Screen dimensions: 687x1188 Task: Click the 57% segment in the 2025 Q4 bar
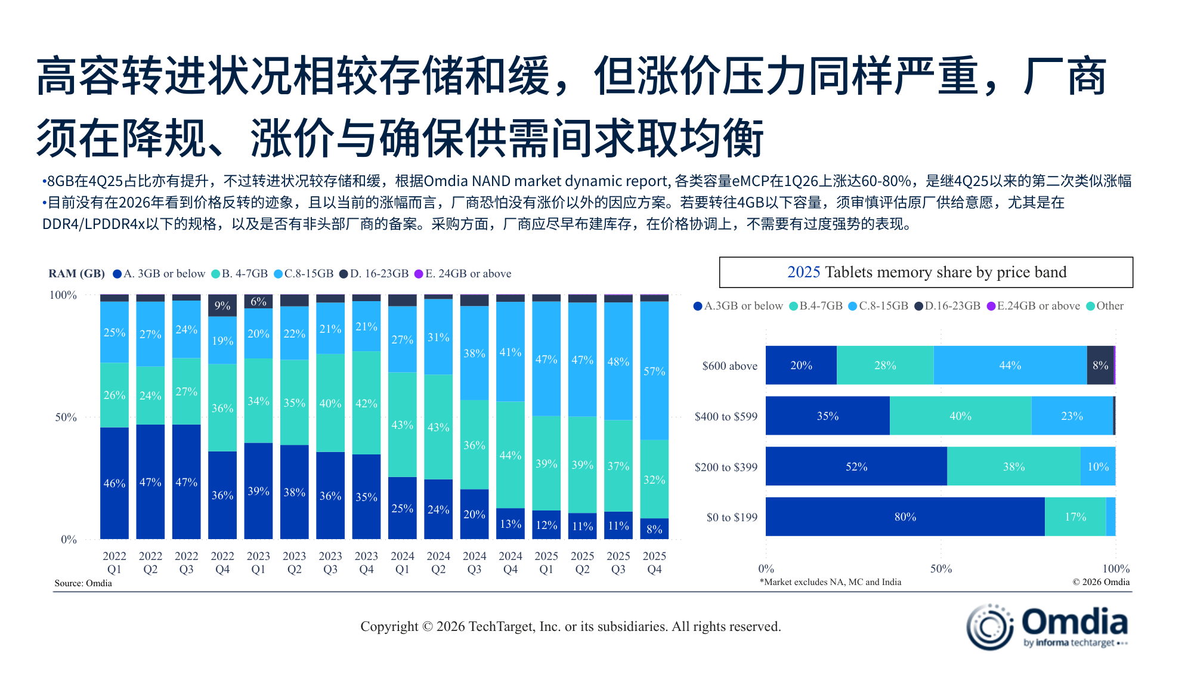(x=654, y=371)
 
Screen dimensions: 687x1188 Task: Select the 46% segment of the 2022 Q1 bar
(x=115, y=483)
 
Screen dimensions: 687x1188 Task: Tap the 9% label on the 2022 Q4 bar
(x=222, y=305)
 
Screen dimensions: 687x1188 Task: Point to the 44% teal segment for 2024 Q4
(x=511, y=455)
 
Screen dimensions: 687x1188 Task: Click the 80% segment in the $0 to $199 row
(x=905, y=517)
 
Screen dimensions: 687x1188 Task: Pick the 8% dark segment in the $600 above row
(x=1100, y=366)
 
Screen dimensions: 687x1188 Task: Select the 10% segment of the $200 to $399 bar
(x=1097, y=466)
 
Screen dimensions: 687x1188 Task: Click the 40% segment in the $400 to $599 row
(x=960, y=416)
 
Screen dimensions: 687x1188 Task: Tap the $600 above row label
(x=729, y=366)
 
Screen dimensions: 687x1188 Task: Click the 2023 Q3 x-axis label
(x=330, y=562)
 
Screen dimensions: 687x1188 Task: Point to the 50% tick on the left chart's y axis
(x=66, y=417)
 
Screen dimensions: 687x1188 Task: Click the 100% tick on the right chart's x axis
(x=1115, y=568)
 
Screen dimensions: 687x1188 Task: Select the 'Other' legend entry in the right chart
(x=1105, y=306)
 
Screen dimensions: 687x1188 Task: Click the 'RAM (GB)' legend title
(x=76, y=274)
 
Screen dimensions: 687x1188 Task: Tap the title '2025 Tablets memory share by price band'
(x=926, y=273)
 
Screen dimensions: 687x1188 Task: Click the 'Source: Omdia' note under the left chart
(x=83, y=583)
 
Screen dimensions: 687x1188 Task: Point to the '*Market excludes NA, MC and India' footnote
(x=830, y=582)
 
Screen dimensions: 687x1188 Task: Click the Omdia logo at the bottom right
(x=1047, y=626)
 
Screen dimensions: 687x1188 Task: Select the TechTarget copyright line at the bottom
(x=570, y=626)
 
